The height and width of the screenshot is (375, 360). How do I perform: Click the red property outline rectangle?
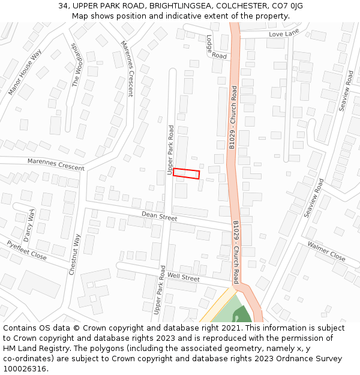click(186, 173)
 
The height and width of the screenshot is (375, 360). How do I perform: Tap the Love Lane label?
click(284, 34)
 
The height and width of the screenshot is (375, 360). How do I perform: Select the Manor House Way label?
click(25, 73)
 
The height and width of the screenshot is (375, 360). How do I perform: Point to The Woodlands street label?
click(76, 65)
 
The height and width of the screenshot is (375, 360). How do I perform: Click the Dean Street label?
click(159, 217)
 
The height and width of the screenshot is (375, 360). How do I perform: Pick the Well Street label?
click(183, 277)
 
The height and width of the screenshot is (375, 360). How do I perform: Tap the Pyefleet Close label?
click(26, 250)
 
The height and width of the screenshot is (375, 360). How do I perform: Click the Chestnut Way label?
click(74, 254)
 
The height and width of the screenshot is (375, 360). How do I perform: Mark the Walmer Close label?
click(326, 251)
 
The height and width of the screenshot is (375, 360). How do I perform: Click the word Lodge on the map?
click(210, 43)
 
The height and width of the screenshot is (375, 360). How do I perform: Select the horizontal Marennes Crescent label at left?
click(56, 164)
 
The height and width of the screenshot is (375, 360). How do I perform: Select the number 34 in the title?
click(63, 6)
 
